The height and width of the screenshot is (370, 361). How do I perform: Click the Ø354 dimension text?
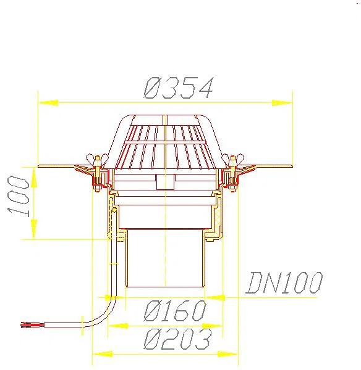179,88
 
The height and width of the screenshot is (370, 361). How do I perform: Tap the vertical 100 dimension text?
18,196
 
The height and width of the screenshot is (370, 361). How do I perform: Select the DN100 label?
284,282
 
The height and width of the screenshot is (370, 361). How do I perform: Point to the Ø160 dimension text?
175,311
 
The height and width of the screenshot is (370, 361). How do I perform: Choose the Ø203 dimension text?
177,339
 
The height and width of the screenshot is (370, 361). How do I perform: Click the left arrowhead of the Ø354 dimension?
48,103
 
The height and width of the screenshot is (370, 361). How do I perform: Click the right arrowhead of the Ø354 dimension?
282,103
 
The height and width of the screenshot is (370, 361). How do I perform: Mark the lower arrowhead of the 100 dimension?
34,229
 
